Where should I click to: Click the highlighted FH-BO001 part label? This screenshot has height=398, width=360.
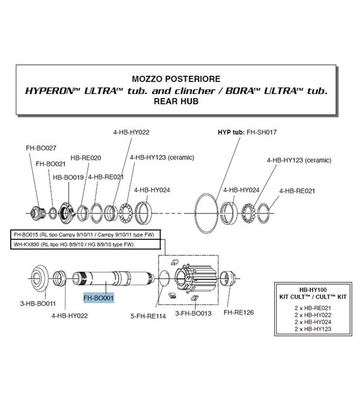click(x=99, y=298)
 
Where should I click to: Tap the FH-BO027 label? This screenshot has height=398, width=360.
click(x=41, y=148)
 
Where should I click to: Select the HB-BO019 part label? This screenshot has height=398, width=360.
click(x=68, y=178)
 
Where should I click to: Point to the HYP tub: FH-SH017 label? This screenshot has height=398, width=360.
click(x=247, y=132)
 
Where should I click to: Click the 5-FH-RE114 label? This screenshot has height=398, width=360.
click(x=148, y=316)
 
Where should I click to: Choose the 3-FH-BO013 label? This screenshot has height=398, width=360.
click(x=193, y=313)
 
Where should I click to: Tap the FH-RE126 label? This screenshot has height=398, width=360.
click(x=239, y=313)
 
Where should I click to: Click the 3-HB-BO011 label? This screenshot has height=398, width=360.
click(x=38, y=303)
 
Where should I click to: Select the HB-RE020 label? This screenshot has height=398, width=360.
click(x=86, y=158)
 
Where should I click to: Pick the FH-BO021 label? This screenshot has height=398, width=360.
click(x=51, y=164)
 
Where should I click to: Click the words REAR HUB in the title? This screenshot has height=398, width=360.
click(x=176, y=101)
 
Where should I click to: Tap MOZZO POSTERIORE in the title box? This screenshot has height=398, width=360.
click(x=176, y=79)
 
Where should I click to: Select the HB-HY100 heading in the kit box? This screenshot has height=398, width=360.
click(x=313, y=290)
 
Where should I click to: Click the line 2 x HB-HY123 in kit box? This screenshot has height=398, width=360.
click(x=313, y=329)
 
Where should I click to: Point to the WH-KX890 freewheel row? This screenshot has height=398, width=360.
click(x=85, y=244)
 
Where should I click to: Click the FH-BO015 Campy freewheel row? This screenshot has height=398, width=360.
click(x=85, y=235)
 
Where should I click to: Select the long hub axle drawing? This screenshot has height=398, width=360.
click(x=113, y=278)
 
